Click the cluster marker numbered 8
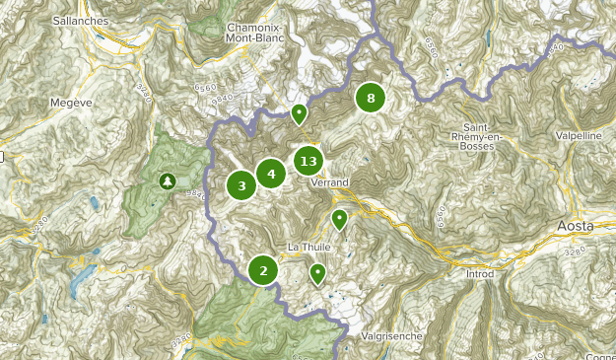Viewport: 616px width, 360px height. click(371, 98)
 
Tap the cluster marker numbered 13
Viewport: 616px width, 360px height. click(308, 161)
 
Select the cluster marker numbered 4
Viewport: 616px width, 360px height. click(271, 175)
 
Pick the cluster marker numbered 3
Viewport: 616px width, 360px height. click(240, 184)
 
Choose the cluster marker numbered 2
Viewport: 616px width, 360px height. click(263, 269)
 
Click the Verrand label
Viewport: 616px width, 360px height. click(328, 183)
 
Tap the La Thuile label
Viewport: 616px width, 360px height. click(307, 246)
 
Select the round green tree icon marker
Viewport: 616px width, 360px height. click(167, 180)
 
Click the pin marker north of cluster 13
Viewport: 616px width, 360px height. click(299, 114)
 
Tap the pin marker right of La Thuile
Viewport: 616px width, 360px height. click(339, 219)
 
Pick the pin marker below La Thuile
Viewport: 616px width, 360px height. click(317, 272)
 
